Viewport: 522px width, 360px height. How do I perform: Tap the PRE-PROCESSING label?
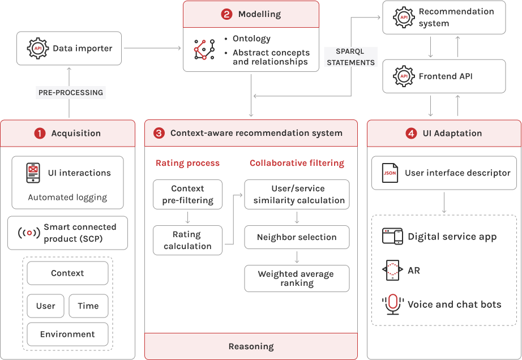pyautogui.click(x=71, y=92)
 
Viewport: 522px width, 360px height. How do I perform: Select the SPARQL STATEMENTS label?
pyautogui.click(x=351, y=57)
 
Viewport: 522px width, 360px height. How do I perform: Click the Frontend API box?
pyautogui.click(x=444, y=76)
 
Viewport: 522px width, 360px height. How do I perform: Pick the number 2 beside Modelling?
pyautogui.click(x=226, y=14)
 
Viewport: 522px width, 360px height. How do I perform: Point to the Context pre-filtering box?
pyautogui.click(x=187, y=194)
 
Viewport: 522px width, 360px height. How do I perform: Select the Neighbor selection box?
pyautogui.click(x=297, y=237)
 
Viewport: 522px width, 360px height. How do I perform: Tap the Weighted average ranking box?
pyautogui.click(x=297, y=278)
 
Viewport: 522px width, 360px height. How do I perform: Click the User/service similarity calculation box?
pyautogui.click(x=297, y=194)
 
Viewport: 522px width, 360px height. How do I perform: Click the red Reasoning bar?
pyautogui.click(x=251, y=346)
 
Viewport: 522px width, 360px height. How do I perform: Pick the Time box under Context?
pyautogui.click(x=88, y=306)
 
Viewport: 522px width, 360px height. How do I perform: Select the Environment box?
pyautogui.click(x=67, y=335)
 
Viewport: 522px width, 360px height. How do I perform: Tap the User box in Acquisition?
pyautogui.click(x=46, y=306)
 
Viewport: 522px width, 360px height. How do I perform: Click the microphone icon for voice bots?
pyautogui.click(x=392, y=305)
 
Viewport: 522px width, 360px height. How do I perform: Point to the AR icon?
pyautogui.click(x=392, y=271)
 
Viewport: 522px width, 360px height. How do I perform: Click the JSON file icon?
pyautogui.click(x=390, y=173)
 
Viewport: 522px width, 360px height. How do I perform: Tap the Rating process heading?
pyautogui.click(x=187, y=163)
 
